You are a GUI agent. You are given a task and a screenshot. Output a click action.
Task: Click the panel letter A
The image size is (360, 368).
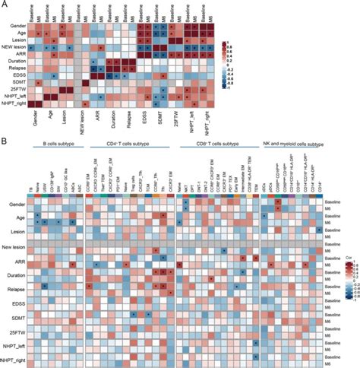coord(5,5)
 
